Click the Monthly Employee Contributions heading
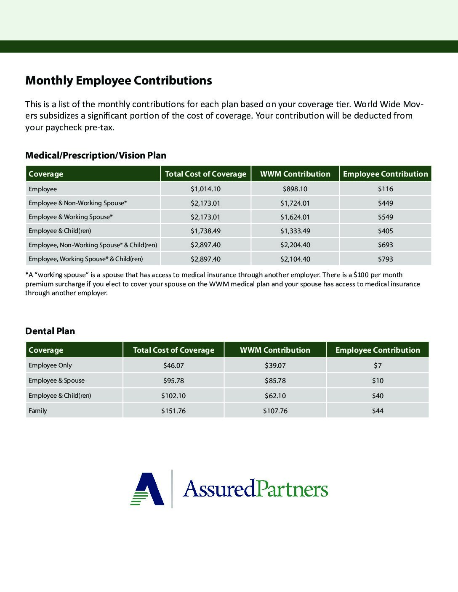[x=118, y=80]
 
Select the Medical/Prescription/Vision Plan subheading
[x=96, y=155]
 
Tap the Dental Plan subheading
[x=50, y=331]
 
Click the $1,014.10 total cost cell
[x=205, y=189]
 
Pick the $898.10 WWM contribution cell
[x=295, y=189]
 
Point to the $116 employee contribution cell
[x=385, y=189]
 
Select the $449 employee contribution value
[x=385, y=203]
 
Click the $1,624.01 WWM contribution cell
[x=295, y=217]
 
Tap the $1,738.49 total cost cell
[x=205, y=231]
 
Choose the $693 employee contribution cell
[x=385, y=245]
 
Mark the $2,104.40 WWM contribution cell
[x=295, y=259]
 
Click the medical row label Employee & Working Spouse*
[x=70, y=217]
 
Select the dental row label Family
[x=37, y=410]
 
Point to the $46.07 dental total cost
[x=173, y=365]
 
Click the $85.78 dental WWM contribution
[x=275, y=381]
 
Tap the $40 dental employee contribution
[x=378, y=396]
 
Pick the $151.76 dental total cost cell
[x=173, y=411]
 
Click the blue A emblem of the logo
[x=148, y=489]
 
